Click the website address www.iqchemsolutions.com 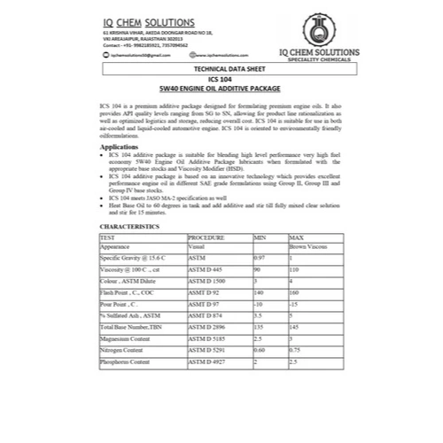[x=190, y=54]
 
